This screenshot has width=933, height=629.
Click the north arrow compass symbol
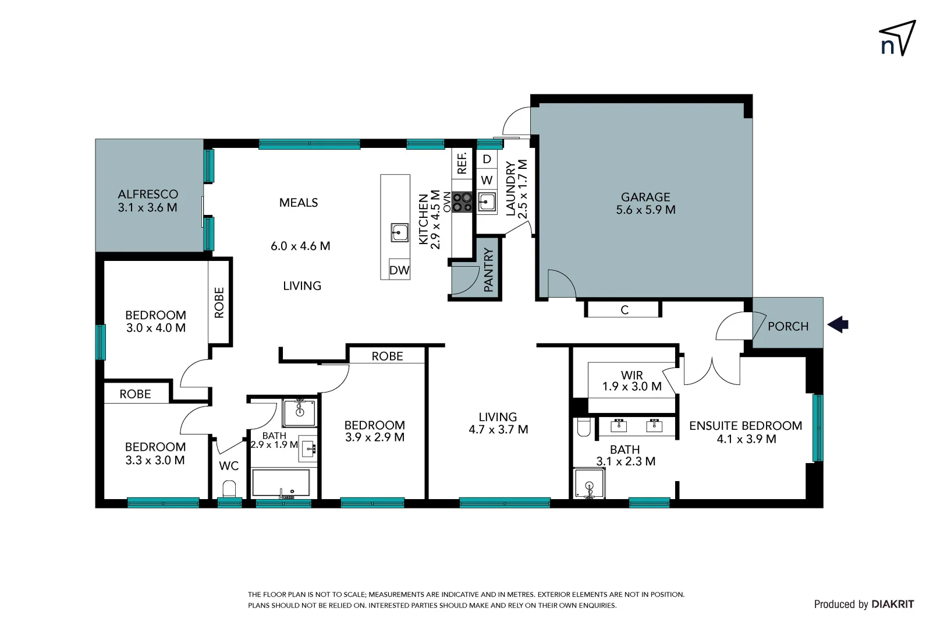point(897,38)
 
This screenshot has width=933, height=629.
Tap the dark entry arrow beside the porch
point(838,324)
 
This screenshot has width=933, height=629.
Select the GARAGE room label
point(645,197)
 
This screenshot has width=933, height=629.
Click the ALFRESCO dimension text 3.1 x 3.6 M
point(147,208)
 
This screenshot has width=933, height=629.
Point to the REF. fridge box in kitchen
point(462,164)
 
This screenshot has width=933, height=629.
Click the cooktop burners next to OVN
point(462,203)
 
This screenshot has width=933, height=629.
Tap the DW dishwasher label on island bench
point(399,270)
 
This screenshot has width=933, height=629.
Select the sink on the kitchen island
point(399,232)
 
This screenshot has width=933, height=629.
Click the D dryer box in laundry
point(487,159)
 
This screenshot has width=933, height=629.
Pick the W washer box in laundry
point(487,180)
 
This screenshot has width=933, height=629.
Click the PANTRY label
point(488,270)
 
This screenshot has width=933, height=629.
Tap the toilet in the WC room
point(229,488)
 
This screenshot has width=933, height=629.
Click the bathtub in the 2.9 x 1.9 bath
point(281,483)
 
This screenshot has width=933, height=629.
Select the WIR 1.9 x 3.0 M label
point(632,381)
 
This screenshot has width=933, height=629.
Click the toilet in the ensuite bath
point(584,427)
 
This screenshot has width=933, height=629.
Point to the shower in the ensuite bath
point(589,483)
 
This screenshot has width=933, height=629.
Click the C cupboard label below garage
point(625,310)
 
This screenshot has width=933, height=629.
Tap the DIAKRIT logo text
point(892,605)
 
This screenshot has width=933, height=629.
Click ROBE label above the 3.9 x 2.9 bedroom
point(387,356)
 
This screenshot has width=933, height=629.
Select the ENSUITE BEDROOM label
point(745,426)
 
